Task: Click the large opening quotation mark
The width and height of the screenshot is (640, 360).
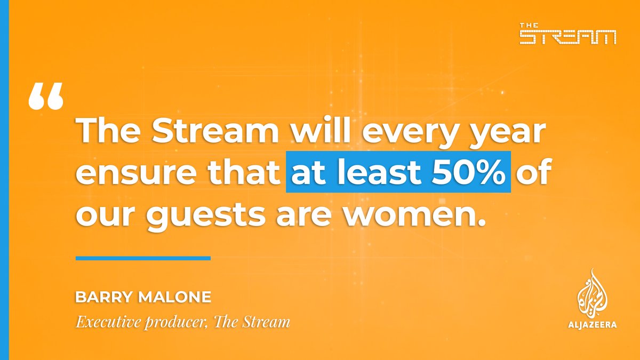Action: coord(46,97)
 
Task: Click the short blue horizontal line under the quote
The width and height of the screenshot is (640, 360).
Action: coord(143,258)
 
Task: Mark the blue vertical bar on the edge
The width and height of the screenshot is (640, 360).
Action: coord(4,180)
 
